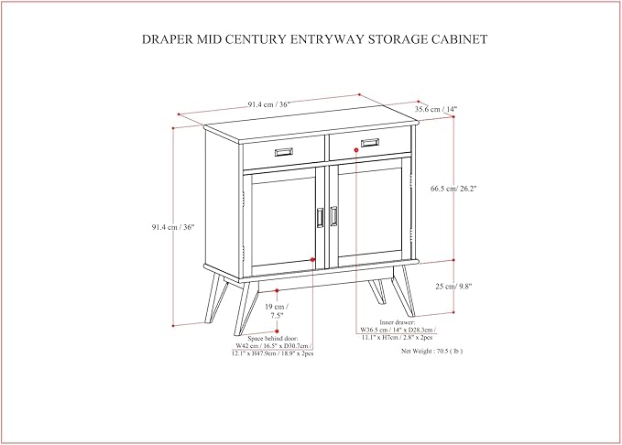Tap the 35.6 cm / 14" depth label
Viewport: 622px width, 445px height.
[436, 109]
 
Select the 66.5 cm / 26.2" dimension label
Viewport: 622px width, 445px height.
[453, 189]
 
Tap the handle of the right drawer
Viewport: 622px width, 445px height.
[369, 143]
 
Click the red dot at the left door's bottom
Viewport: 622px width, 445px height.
[313, 261]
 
